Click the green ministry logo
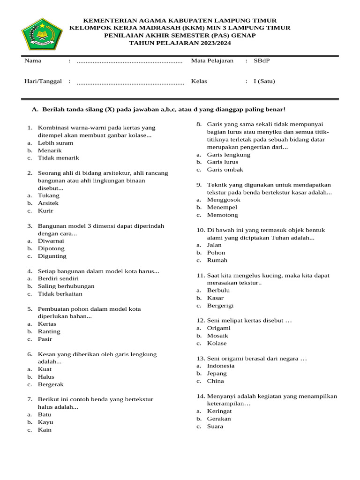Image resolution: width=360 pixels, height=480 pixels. [42, 34]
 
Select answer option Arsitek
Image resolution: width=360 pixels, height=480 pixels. [48, 203]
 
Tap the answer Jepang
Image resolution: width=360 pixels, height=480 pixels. [217, 373]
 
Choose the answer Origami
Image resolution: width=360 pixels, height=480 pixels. [219, 328]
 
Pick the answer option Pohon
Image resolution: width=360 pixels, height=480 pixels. [216, 252]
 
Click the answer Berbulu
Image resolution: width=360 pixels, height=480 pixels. [218, 290]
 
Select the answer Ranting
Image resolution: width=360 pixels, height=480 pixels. [49, 331]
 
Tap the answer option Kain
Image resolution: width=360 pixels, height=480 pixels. [45, 429]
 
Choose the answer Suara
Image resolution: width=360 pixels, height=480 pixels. [215, 426]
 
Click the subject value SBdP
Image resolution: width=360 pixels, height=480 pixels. [262, 60]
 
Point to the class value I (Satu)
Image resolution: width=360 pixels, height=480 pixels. [264, 81]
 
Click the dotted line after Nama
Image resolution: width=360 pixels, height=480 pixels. [129, 61]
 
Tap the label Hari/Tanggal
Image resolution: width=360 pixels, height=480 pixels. [43, 81]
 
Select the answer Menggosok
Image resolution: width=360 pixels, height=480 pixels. [224, 200]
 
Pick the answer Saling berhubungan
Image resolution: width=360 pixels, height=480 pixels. [66, 286]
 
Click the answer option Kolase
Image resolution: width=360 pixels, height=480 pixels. [217, 343]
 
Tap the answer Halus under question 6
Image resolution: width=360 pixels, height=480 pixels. [46, 376]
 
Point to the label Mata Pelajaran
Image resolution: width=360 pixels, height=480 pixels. [212, 60]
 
